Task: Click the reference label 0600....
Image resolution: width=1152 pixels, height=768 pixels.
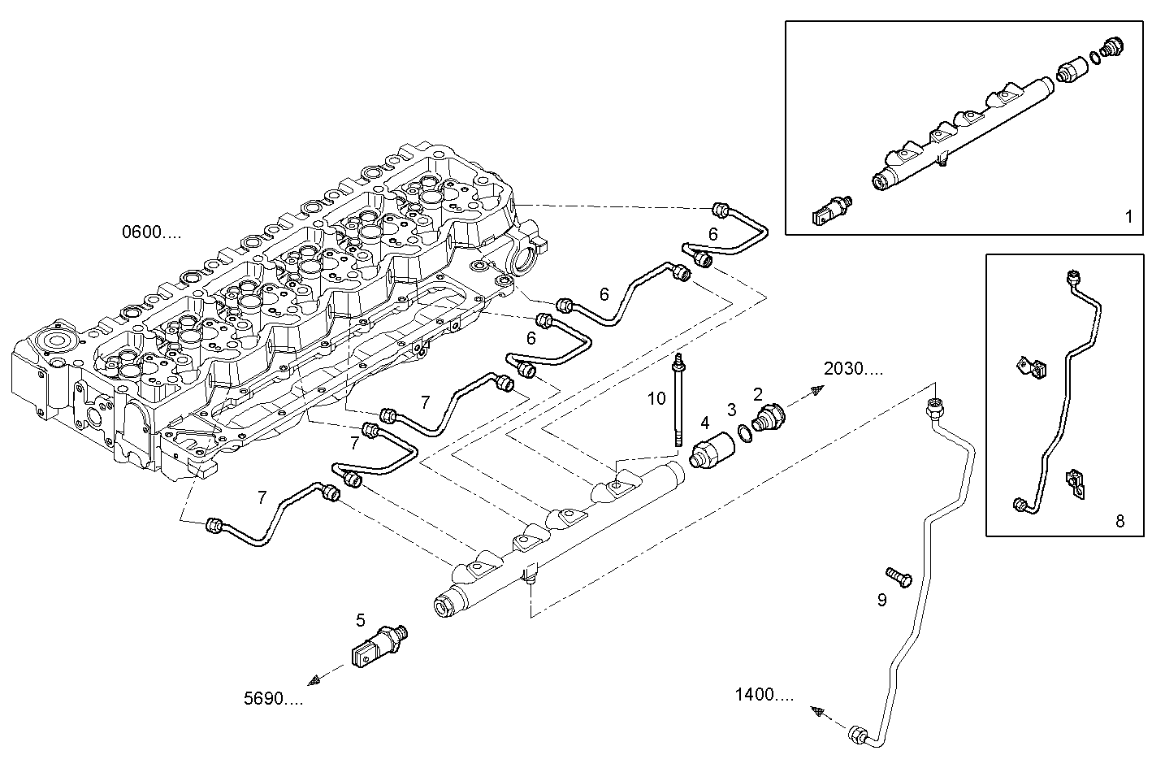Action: coord(151,233)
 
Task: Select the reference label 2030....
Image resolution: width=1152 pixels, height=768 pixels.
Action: coord(853,369)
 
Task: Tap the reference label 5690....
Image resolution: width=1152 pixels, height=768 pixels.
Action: coord(273,697)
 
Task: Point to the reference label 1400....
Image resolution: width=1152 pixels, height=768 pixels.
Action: coord(764,695)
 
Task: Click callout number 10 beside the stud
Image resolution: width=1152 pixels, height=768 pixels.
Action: coord(656,398)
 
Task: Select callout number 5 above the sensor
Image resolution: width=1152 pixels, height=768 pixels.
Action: coord(361,621)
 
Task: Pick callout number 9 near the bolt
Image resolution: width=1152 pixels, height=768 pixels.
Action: coord(881,601)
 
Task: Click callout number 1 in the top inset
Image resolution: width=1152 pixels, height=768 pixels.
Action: coord(1128,217)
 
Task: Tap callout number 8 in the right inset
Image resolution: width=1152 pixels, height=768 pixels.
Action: coord(1120,521)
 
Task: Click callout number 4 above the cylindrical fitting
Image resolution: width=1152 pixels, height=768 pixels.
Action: coord(705,423)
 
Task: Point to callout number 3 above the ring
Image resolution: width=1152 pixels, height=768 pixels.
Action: coord(731,409)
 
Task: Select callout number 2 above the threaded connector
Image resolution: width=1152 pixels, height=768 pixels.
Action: coord(757,394)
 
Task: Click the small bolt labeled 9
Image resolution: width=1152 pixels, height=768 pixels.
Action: coord(899,578)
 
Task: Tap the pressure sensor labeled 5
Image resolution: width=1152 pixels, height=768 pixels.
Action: coord(380,646)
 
